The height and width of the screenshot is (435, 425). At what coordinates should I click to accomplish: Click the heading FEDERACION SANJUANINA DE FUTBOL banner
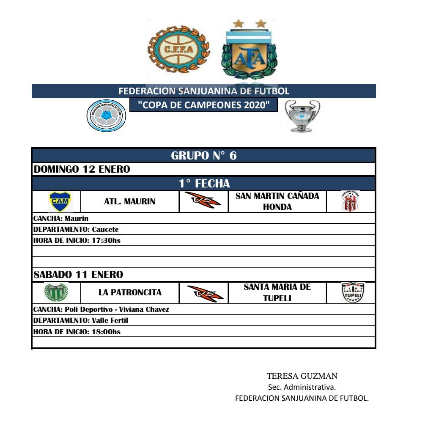coord(204,91)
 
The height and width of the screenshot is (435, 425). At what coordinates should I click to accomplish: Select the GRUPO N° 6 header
coord(204,155)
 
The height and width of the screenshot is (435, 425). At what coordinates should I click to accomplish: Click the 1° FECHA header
coord(204,184)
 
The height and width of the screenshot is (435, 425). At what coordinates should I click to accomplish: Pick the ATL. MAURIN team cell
coord(129,202)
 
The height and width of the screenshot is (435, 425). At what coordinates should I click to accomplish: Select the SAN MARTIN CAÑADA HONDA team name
coord(277,202)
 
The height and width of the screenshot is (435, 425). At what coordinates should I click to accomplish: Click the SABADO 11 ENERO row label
coord(78,275)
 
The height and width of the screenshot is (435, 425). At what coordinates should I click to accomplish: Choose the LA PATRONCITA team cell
coord(129,292)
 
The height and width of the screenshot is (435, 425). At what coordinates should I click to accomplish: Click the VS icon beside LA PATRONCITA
coord(203,292)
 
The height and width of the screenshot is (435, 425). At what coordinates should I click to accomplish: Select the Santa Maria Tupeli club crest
coord(352,292)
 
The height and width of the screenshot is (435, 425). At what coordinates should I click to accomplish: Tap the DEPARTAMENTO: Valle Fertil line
coord(80,321)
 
